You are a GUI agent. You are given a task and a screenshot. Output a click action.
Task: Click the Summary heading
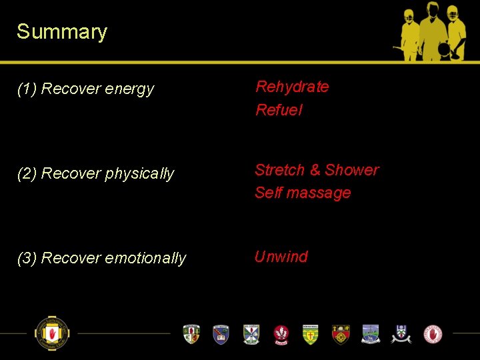pyautogui.click(x=62, y=32)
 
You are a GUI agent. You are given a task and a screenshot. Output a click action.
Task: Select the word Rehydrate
pyautogui.click(x=292, y=87)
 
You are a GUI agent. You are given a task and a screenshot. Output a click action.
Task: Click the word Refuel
pyautogui.click(x=279, y=110)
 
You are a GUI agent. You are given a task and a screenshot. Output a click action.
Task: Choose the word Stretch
pyautogui.click(x=279, y=170)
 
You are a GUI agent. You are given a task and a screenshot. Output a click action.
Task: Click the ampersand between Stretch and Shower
pyautogui.click(x=315, y=170)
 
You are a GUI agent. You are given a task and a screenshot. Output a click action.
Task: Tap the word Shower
pyautogui.click(x=352, y=170)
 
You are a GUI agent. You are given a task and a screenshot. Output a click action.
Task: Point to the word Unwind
pyautogui.click(x=281, y=257)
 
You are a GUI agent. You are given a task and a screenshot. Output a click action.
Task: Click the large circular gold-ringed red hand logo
pyautogui.click(x=53, y=333)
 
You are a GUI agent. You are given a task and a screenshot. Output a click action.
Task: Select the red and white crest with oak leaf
pyautogui.click(x=282, y=334)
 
